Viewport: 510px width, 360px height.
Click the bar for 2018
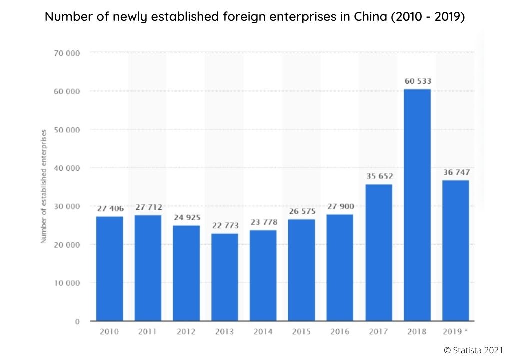pyautogui.click(x=417, y=205)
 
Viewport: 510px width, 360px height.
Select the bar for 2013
pyautogui.click(x=225, y=277)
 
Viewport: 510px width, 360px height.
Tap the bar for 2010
pyautogui.click(x=109, y=268)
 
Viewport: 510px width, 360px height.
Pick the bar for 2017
pyautogui.click(x=379, y=252)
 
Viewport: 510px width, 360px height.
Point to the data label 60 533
pyautogui.click(x=417, y=81)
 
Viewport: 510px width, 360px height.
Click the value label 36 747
pyautogui.click(x=456, y=172)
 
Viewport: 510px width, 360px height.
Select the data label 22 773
pyautogui.click(x=225, y=225)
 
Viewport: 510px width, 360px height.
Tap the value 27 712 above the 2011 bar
pyautogui.click(x=148, y=207)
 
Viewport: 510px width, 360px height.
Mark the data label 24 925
pyautogui.click(x=186, y=217)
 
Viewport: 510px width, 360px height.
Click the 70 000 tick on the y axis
pyautogui.click(x=67, y=53)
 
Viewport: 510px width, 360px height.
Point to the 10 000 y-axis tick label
pyautogui.click(x=67, y=283)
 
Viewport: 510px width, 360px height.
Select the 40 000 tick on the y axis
pyautogui.click(x=67, y=168)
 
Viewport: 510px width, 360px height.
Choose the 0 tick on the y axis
pyautogui.click(x=77, y=322)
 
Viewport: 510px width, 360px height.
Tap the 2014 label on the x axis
pyautogui.click(x=263, y=332)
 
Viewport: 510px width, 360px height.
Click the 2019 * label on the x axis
pyautogui.click(x=456, y=332)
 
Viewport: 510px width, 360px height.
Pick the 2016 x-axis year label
pyautogui.click(x=340, y=332)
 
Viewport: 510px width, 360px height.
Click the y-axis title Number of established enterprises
pyautogui.click(x=44, y=186)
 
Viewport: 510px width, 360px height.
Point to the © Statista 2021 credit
pyautogui.click(x=473, y=351)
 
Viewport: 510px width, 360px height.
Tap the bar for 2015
pyautogui.click(x=302, y=270)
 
